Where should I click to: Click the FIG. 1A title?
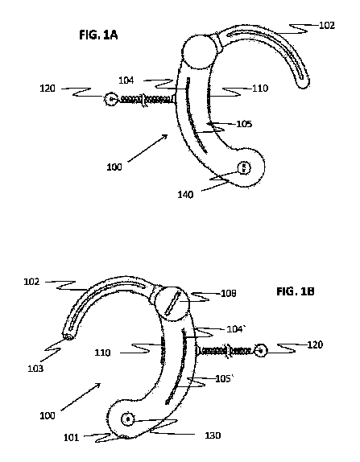click(x=98, y=35)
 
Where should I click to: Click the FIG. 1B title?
click(x=296, y=291)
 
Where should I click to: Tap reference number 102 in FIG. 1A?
click(x=327, y=25)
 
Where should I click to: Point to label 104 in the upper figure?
click(x=126, y=80)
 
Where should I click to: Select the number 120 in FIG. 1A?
click(x=48, y=88)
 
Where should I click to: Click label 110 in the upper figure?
click(x=260, y=88)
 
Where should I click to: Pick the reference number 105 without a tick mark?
click(x=244, y=124)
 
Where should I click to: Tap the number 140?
click(x=185, y=195)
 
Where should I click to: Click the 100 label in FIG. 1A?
click(x=114, y=167)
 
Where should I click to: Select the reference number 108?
click(x=229, y=293)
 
